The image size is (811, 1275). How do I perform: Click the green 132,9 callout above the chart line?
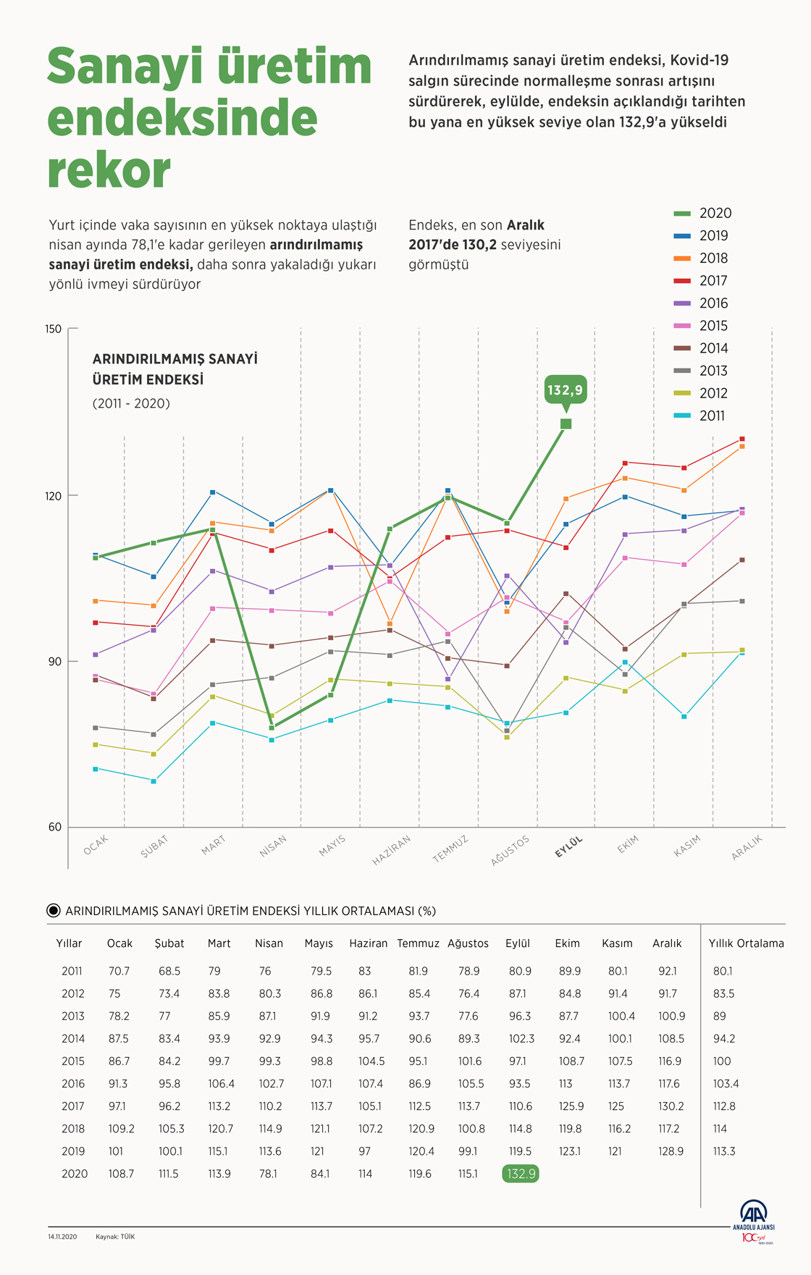(565, 390)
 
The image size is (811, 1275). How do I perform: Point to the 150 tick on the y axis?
(54, 329)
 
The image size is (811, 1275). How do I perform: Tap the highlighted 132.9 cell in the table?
(521, 1174)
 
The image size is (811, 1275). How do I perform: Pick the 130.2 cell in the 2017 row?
(671, 1106)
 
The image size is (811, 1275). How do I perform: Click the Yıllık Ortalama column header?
(746, 943)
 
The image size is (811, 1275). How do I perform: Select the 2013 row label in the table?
(72, 1017)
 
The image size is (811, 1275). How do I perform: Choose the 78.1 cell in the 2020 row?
(268, 1174)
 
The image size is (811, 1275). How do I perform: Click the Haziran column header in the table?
(368, 943)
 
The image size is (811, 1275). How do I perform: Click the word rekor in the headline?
(109, 170)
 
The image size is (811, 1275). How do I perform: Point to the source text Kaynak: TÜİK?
(115, 1237)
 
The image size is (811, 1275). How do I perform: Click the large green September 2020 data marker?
(566, 424)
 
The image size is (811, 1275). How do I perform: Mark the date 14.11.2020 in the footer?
(62, 1237)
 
